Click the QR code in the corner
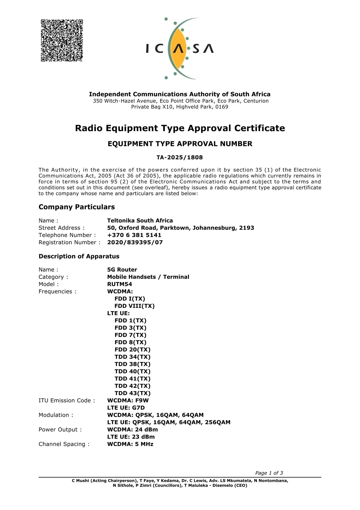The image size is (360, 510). click(x=62, y=40)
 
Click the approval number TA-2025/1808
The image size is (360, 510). click(x=180, y=158)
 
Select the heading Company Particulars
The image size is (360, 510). click(x=77, y=207)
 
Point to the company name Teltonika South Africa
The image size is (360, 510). click(x=140, y=221)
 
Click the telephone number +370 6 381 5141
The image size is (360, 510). click(x=134, y=235)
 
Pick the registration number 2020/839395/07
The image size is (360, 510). click(x=135, y=242)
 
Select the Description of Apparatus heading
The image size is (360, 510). click(x=79, y=256)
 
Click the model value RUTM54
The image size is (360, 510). click(x=119, y=284)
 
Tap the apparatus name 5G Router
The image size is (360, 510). click(x=122, y=270)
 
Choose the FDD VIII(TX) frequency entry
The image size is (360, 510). click(x=135, y=306)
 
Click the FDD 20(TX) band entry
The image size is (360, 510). click(x=132, y=350)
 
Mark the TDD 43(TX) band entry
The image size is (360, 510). click(x=132, y=393)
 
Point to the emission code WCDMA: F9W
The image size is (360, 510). click(x=128, y=401)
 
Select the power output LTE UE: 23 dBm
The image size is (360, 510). click(x=131, y=437)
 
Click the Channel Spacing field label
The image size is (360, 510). click(x=64, y=444)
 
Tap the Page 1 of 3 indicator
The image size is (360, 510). click(x=269, y=473)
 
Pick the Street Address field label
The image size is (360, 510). click(x=61, y=228)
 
